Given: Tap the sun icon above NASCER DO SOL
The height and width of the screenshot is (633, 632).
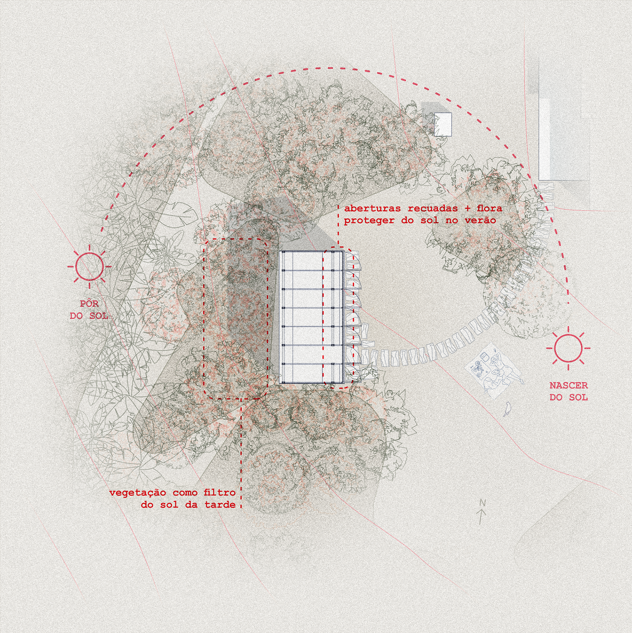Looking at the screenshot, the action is click(x=568, y=348).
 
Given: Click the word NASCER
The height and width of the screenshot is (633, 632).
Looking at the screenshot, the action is click(x=568, y=385).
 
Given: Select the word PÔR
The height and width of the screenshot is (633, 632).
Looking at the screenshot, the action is click(x=89, y=303).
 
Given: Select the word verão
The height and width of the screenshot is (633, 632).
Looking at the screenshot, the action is click(x=485, y=220).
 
